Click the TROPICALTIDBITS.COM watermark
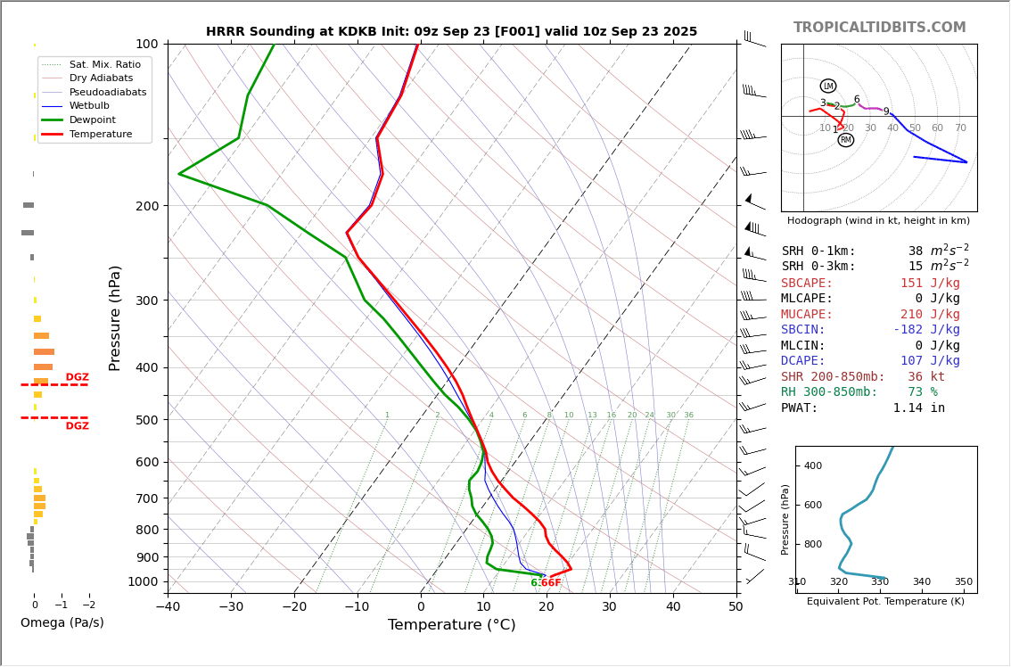pyautogui.click(x=879, y=28)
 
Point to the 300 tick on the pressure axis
pyautogui.click(x=146, y=301)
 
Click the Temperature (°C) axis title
pyautogui.click(x=451, y=625)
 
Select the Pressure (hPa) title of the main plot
pyautogui.click(x=115, y=317)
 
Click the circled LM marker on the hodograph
pyautogui.click(x=828, y=86)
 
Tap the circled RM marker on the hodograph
pyautogui.click(x=845, y=140)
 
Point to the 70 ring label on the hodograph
pyautogui.click(x=960, y=128)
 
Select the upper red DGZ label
pyautogui.click(x=78, y=377)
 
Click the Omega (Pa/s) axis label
pyautogui.click(x=62, y=623)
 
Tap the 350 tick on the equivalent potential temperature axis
pyautogui.click(x=964, y=582)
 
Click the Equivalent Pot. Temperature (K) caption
pyautogui.click(x=884, y=602)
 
